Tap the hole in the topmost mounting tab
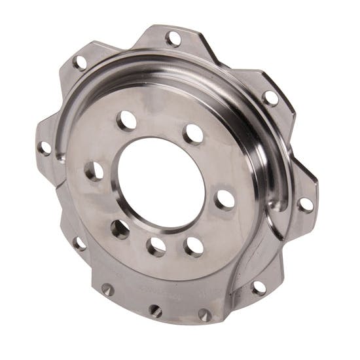[x=173, y=38]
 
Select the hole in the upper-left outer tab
[x=80, y=63]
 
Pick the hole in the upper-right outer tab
[x=270, y=98]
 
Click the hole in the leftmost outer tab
[x=45, y=148]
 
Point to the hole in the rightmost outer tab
[x=305, y=204]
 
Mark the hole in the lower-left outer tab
[x=79, y=243]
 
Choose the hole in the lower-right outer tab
[x=259, y=287]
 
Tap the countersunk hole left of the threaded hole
[x=107, y=289]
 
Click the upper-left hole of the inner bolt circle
[x=127, y=120]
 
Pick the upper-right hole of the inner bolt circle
[x=193, y=134]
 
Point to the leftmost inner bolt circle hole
[x=94, y=171]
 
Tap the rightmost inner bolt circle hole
[x=225, y=199]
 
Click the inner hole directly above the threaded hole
[x=156, y=247]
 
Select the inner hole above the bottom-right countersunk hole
[x=194, y=246]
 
